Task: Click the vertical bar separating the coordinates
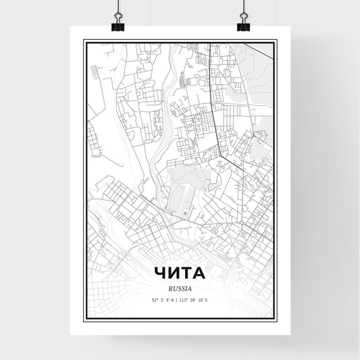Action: click(180, 300)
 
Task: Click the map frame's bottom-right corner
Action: click(276, 325)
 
